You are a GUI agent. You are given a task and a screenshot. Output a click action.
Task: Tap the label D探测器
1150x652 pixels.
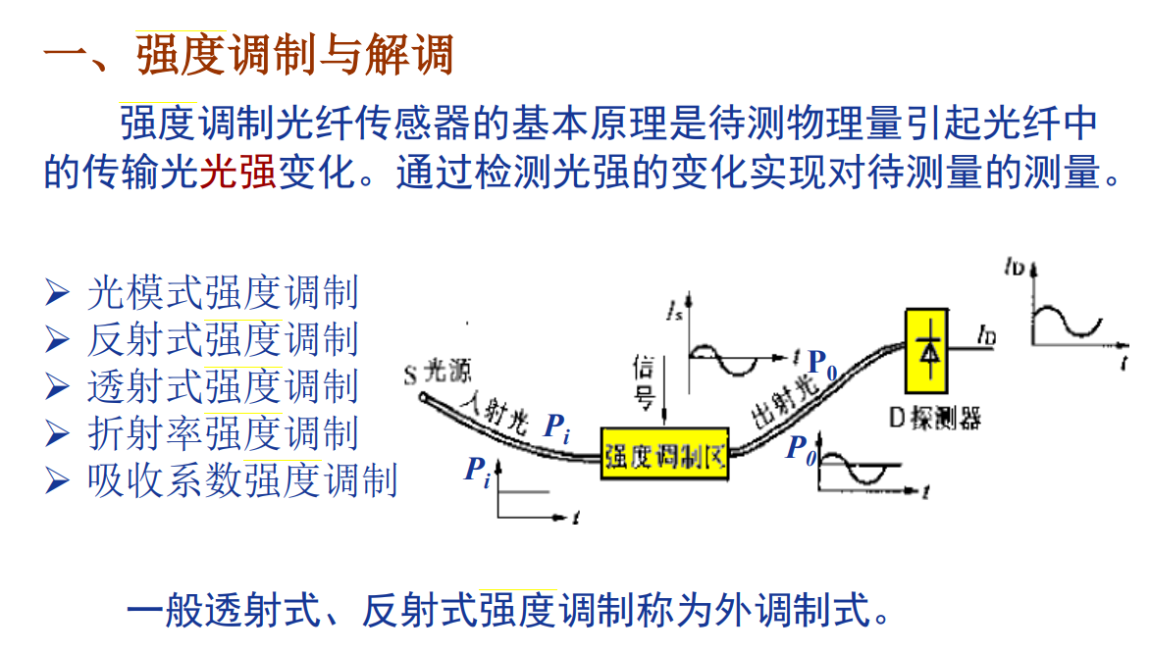pos(935,419)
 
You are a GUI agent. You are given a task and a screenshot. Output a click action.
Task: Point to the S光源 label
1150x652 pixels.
pos(438,373)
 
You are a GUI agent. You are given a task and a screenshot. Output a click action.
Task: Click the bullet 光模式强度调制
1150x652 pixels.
pos(222,292)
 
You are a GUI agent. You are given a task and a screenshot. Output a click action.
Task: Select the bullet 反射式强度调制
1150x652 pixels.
pos(222,339)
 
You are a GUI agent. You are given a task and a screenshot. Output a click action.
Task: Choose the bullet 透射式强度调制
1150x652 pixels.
pos(222,386)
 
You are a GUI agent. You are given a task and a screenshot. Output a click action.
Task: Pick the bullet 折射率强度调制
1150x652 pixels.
pos(222,433)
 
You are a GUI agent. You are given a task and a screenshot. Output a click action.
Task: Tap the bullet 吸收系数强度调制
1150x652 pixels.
pos(241,480)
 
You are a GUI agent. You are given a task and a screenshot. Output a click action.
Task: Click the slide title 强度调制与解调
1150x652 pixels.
pos(294,56)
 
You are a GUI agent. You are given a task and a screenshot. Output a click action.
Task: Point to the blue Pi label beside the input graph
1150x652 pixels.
pos(477,472)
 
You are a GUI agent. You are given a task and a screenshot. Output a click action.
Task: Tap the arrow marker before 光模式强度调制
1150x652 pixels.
pos(58,292)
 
